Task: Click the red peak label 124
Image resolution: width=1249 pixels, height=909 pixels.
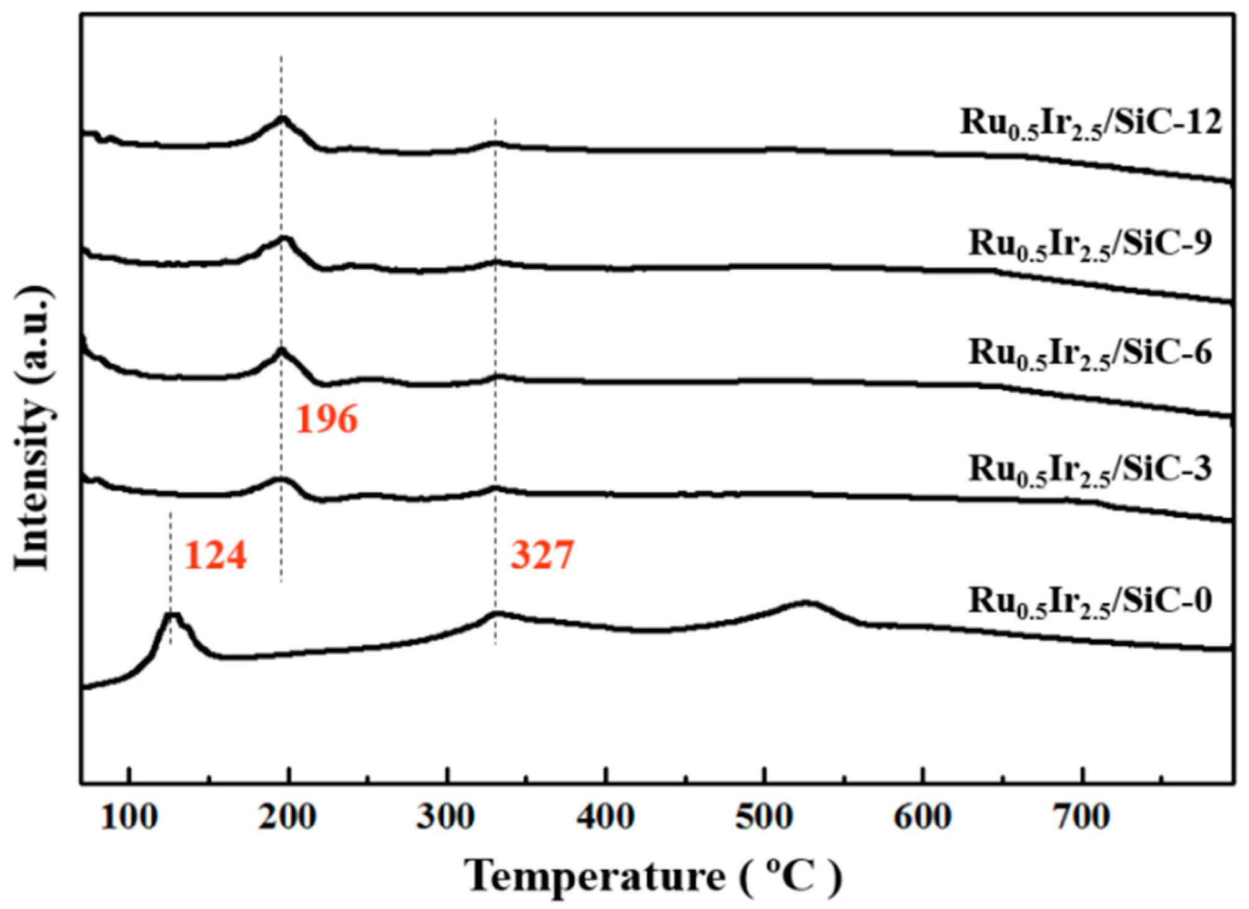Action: coord(215,555)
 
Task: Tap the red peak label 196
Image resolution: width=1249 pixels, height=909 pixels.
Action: coord(326,419)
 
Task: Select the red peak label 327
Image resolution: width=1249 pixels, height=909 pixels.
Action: coord(542,555)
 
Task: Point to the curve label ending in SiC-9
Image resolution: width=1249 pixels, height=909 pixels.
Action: coord(1090,244)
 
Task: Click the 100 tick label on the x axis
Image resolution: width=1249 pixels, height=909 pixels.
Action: coord(129,818)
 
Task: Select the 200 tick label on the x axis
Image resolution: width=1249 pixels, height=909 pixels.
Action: coord(287,818)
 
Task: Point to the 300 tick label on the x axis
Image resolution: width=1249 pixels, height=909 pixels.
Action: coord(446,818)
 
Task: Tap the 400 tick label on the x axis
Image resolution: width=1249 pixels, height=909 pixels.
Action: coord(605,818)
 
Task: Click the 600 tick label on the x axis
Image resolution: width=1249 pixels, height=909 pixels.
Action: coord(923,818)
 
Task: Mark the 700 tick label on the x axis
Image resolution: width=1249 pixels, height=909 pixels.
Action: coord(1082,818)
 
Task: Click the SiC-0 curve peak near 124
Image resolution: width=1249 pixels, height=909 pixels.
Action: coord(172,615)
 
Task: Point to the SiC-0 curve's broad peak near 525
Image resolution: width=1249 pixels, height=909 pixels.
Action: coord(806,602)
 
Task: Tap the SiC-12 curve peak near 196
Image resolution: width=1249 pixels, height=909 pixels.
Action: coord(282,117)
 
